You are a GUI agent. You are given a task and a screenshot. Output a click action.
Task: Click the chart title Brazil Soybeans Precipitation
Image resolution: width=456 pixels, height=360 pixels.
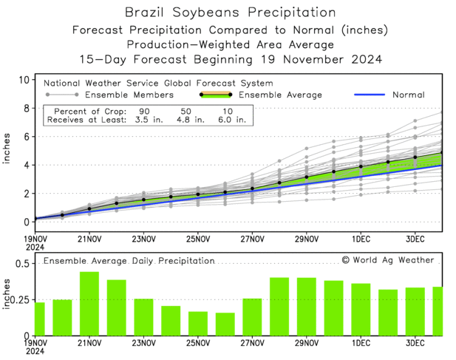pyautogui.click(x=228, y=13)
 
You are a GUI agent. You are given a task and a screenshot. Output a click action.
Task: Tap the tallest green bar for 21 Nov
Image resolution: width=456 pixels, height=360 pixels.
pyautogui.click(x=89, y=304)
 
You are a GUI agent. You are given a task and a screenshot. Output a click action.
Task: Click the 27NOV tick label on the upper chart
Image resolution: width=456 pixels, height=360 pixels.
pyautogui.click(x=252, y=239)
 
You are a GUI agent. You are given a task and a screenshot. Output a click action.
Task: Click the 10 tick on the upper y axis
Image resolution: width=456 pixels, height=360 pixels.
pyautogui.click(x=24, y=80)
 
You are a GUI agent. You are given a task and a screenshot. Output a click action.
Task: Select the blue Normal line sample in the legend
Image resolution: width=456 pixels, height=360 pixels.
pyautogui.click(x=375, y=95)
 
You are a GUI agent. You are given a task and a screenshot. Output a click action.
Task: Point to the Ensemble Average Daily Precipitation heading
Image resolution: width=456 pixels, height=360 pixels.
pyautogui.click(x=129, y=261)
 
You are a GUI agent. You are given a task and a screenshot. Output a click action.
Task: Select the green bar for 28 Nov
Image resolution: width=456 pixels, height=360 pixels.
pyautogui.click(x=279, y=306)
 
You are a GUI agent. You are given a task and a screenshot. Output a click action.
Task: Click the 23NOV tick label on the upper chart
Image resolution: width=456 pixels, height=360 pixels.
pyautogui.click(x=143, y=239)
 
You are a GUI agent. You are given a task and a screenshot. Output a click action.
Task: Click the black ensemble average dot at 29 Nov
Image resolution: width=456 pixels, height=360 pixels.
pyautogui.click(x=307, y=177)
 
